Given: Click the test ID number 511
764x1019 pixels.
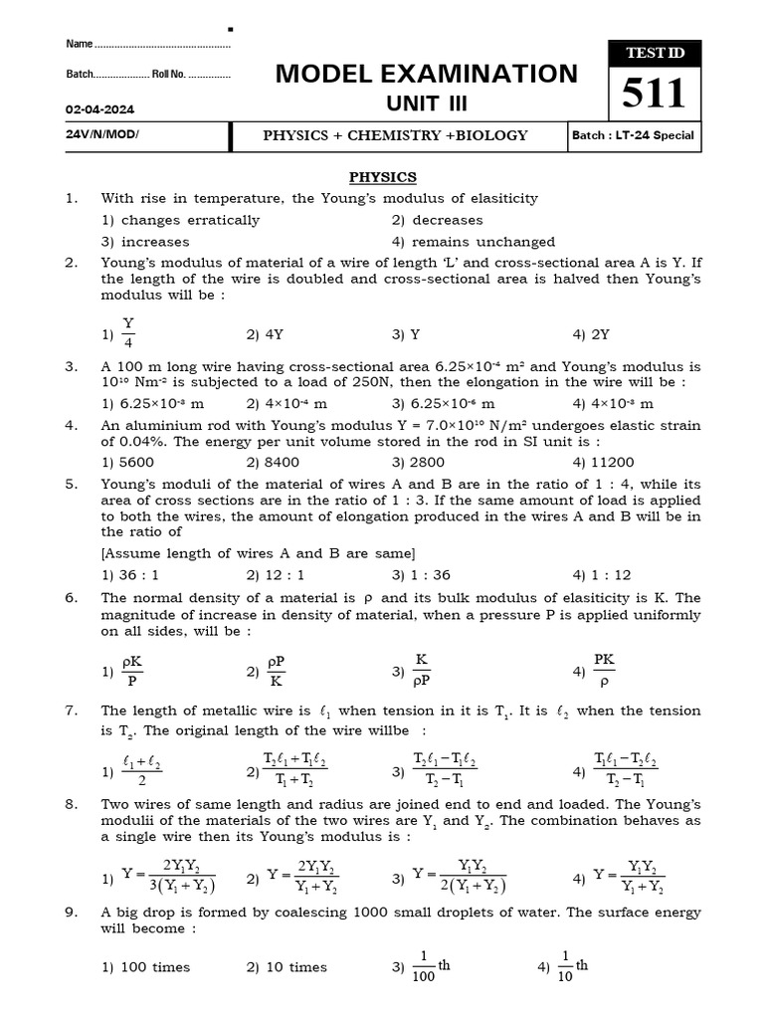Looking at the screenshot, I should pos(654,95).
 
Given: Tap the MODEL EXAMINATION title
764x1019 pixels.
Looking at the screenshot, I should pos(426,74).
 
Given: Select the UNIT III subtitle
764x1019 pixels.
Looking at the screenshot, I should pos(426,104).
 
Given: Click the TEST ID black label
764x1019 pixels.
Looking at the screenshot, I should pos(654,54).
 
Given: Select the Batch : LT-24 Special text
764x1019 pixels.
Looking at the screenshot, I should pos(633,135).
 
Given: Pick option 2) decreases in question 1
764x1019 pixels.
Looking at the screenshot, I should pos(437,220).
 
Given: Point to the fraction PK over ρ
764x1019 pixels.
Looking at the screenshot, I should pos(604,671).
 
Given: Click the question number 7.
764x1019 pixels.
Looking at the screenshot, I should pos(71,711).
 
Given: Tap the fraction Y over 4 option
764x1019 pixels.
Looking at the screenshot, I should pos(128,334).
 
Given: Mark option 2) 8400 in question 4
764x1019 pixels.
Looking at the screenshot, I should pos(273,462).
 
